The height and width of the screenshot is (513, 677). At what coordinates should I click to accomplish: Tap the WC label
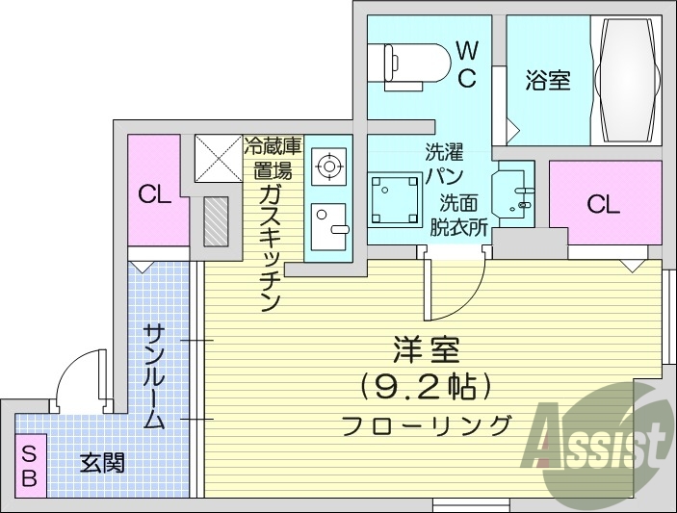point(466,64)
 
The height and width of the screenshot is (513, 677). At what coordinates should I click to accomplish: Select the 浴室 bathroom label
point(548,81)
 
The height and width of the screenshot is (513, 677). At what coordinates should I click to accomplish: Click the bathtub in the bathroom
point(627,81)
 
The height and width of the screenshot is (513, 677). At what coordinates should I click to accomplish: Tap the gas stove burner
point(329,167)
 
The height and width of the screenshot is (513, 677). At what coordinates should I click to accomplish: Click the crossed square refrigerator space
point(218,157)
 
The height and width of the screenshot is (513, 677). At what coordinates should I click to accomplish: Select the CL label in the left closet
point(154,195)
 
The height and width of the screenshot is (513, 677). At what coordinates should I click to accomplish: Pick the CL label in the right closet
point(604,204)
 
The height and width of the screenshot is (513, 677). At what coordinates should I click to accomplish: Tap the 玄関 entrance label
point(101,465)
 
